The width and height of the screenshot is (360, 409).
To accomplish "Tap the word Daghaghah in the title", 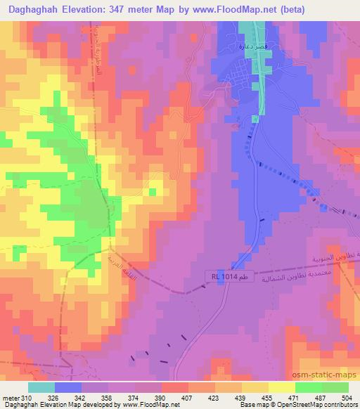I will pyautogui.click(x=34, y=10).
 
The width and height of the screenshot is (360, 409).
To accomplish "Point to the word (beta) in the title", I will pyautogui.click(x=335, y=10).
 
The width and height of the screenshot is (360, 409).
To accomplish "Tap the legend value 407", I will pyautogui.click(x=186, y=397).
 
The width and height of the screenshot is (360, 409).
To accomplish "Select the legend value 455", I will pyautogui.click(x=266, y=397).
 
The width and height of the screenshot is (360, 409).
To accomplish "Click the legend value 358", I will pyautogui.click(x=106, y=397).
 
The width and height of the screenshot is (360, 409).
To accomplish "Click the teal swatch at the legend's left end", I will pyautogui.click(x=41, y=387).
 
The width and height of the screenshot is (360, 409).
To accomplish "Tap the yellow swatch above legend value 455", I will pyautogui.click(x=255, y=387).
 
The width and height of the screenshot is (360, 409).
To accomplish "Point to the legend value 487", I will pyautogui.click(x=320, y=397).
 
